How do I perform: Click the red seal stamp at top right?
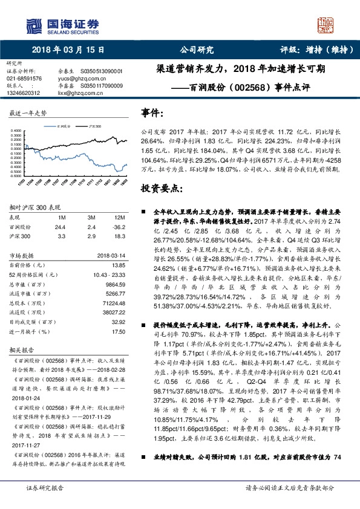(x=327, y=25)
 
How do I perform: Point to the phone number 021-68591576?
(x=24, y=79)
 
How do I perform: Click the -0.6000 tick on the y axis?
(x=16, y=175)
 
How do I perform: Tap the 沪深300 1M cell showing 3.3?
(x=62, y=236)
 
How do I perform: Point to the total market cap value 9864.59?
(x=114, y=285)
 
